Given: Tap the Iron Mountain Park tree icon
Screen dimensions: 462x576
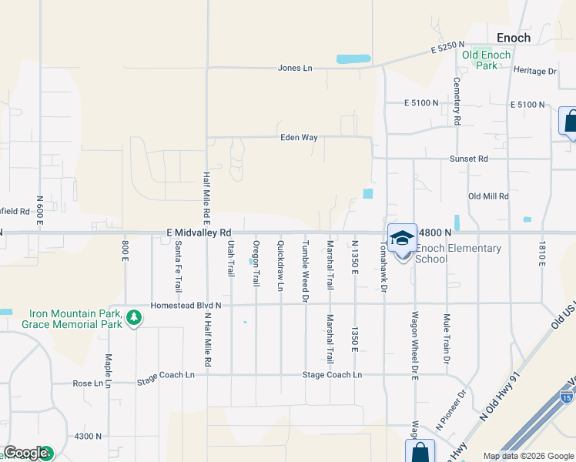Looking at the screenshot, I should (x=134, y=317).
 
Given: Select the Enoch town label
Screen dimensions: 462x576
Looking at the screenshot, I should (x=513, y=37).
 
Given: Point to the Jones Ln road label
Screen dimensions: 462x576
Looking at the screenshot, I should (x=295, y=69).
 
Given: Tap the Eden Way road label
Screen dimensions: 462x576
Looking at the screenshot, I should (x=299, y=138).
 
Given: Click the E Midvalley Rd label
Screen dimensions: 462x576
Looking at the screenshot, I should (x=199, y=232).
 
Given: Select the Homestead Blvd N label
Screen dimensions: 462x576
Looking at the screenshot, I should (x=186, y=305).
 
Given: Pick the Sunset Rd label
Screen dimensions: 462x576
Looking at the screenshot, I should (x=469, y=159).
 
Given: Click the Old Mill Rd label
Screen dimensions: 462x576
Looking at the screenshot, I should (x=488, y=196).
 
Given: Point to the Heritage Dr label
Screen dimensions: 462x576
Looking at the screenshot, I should (x=534, y=71).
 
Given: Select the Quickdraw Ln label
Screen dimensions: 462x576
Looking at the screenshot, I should (x=280, y=266).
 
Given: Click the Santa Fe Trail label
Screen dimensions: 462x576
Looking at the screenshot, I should (x=178, y=266).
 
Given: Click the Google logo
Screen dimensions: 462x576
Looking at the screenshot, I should (x=26, y=453).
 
